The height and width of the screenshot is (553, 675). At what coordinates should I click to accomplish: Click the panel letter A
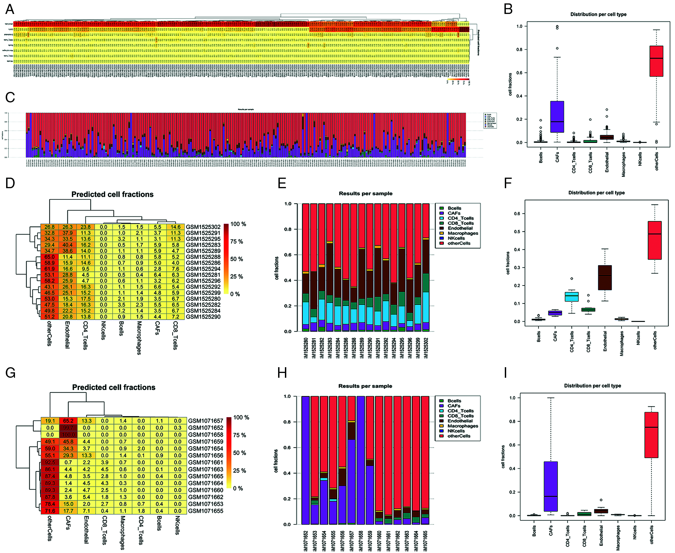[x=10, y=9]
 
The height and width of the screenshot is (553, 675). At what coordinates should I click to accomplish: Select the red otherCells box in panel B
[x=656, y=61]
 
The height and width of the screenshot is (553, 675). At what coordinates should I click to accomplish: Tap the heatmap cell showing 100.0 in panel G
[x=68, y=435]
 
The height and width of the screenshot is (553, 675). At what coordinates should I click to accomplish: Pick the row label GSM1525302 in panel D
[x=203, y=227]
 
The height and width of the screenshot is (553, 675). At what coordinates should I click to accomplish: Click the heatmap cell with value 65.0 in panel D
[x=49, y=257]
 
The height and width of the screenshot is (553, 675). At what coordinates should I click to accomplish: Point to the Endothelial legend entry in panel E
[x=460, y=228]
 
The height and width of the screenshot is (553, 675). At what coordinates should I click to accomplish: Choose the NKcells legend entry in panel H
[x=456, y=431]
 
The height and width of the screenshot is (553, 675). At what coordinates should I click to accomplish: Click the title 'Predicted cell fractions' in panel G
[x=114, y=387]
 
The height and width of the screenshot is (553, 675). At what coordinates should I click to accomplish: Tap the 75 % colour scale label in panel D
[x=237, y=242]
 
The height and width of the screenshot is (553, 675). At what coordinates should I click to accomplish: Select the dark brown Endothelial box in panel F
[x=605, y=277]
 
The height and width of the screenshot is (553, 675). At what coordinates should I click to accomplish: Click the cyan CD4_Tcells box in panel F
[x=572, y=296]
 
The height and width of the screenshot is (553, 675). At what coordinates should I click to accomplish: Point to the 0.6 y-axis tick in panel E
[x=288, y=255]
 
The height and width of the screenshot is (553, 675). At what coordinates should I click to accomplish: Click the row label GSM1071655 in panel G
[x=206, y=511]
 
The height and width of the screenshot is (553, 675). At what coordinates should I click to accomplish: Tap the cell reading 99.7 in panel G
[x=68, y=428]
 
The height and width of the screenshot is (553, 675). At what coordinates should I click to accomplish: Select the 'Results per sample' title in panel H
[x=365, y=386]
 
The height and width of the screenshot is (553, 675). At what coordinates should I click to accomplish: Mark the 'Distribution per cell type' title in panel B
[x=598, y=14]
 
